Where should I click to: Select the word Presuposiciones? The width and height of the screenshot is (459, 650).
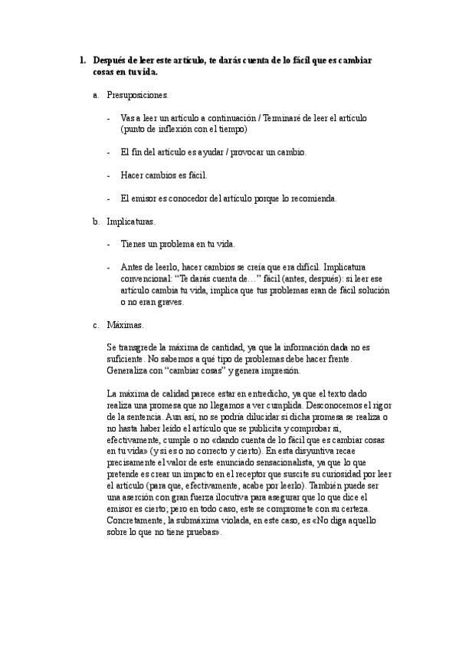point(138,96)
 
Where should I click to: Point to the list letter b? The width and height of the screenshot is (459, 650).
point(96,222)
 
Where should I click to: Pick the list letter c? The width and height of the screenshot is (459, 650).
point(96,325)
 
